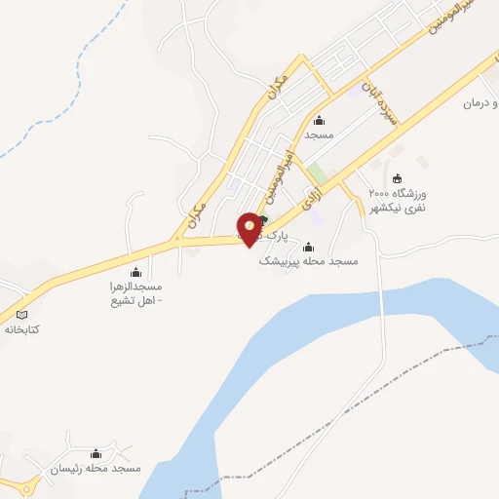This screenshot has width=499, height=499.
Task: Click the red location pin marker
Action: pos(250,227)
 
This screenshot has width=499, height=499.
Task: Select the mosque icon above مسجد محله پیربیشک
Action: pos(309,247)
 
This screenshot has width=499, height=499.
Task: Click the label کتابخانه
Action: pos(22,329)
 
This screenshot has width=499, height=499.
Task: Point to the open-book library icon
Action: pos(22,315)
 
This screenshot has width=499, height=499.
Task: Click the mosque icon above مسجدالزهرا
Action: pos(135,272)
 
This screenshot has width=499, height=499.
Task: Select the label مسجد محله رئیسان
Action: pos(96,469)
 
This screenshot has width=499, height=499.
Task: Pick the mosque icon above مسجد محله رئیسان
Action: pos(96,453)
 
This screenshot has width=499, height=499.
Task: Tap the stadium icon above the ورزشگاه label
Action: pos(397,177)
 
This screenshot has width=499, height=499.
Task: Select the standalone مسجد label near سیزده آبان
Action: pos(319,134)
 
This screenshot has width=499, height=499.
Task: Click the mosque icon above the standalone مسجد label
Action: pos(319,120)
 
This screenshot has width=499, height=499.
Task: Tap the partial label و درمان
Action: pos(479,102)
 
